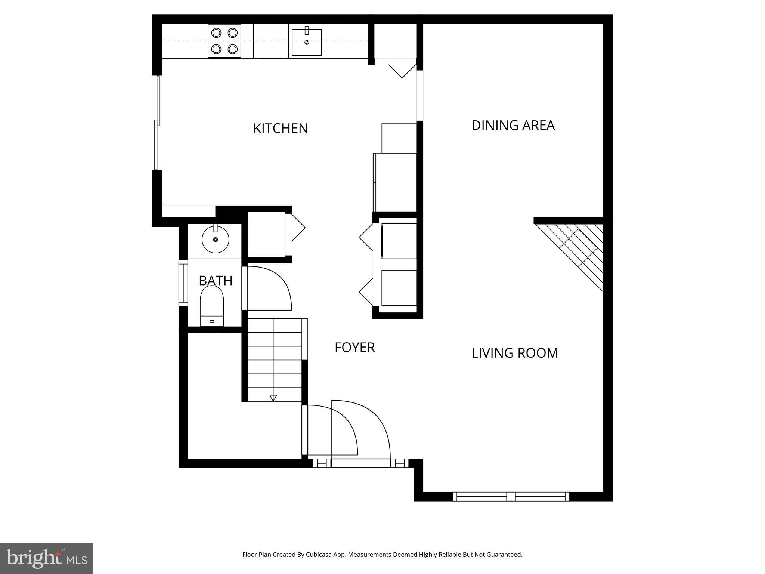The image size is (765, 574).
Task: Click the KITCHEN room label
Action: [281, 129]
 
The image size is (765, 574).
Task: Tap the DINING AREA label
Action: [513, 126]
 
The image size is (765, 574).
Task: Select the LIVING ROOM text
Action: [514, 353]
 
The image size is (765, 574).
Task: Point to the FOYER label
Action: [354, 348]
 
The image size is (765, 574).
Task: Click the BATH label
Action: [216, 281]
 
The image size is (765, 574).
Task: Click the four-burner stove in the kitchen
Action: [224, 41]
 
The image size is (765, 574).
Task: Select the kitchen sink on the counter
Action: [307, 42]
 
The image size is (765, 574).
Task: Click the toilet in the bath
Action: [212, 306]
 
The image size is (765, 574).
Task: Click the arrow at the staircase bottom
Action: [273, 398]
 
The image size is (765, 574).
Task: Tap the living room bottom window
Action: [511, 497]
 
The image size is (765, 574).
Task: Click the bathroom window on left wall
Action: [183, 283]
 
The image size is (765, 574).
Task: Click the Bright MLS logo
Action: [46, 558]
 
